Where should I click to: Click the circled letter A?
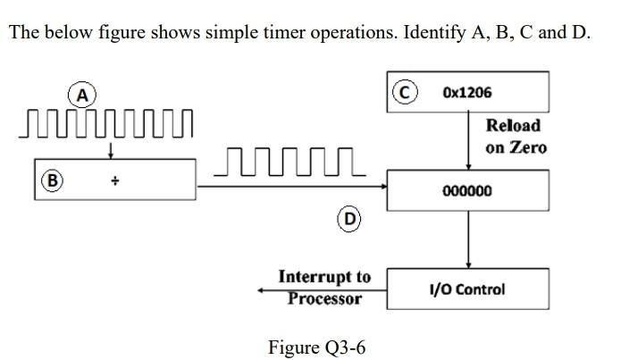point(82,93)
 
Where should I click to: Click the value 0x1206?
point(466,93)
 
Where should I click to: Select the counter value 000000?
point(466,191)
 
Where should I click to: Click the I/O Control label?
point(466,289)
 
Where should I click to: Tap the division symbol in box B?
point(115,179)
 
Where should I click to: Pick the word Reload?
point(513,126)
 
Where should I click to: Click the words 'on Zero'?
point(516,147)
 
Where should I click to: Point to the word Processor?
point(324,297)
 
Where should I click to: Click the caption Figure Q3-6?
point(316,347)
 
